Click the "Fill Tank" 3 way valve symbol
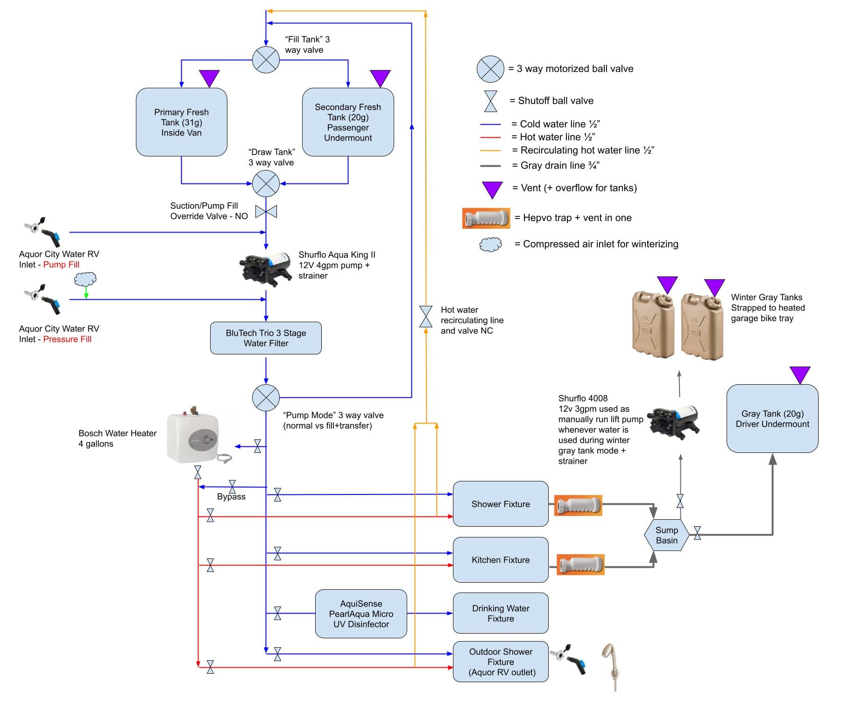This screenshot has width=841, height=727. pyautogui.click(x=266, y=60)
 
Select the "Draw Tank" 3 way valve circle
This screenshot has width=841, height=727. pyautogui.click(x=266, y=184)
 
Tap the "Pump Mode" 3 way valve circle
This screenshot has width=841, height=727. pyautogui.click(x=266, y=397)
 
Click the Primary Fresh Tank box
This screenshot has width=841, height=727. pyautogui.click(x=181, y=122)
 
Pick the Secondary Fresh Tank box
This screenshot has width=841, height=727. pyautogui.click(x=348, y=122)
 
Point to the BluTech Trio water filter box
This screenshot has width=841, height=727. pyautogui.click(x=266, y=338)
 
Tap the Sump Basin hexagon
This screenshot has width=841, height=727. pyautogui.click(x=666, y=535)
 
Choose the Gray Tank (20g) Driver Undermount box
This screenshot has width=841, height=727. pyautogui.click(x=772, y=418)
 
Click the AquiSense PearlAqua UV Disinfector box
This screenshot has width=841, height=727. pyautogui.click(x=361, y=614)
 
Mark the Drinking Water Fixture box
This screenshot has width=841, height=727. pyautogui.click(x=501, y=613)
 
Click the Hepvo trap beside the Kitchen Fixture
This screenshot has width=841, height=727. pyautogui.click(x=580, y=565)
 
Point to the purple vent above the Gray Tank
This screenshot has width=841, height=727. pyautogui.click(x=800, y=374)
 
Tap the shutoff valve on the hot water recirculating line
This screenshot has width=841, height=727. pyautogui.click(x=425, y=317)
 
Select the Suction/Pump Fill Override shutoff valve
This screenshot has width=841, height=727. pyautogui.click(x=266, y=212)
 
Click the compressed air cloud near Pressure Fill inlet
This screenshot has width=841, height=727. pyautogui.click(x=85, y=279)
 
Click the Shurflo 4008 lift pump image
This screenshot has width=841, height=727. pyautogui.click(x=673, y=421)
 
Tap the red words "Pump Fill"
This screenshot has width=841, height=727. pyautogui.click(x=61, y=265)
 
